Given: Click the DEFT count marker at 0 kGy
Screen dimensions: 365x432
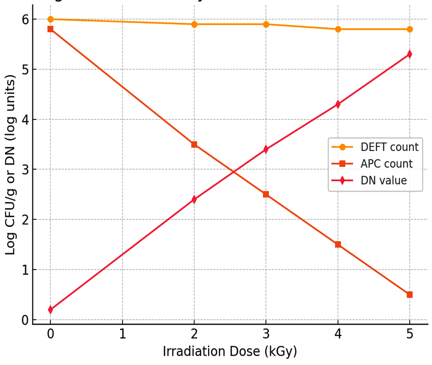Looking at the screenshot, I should [x=50, y=19].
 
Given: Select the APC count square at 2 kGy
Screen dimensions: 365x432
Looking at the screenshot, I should [x=194, y=144].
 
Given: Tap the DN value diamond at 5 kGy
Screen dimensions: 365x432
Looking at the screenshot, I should [x=410, y=54].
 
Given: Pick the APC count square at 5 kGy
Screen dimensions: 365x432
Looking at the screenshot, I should [x=410, y=295].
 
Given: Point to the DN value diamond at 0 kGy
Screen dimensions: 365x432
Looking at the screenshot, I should [x=50, y=310].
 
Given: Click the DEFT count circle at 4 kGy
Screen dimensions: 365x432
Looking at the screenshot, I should [x=338, y=29].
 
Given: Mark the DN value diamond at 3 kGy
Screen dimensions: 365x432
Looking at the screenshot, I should [x=266, y=149].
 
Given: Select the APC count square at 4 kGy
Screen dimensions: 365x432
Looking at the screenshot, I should [x=338, y=245].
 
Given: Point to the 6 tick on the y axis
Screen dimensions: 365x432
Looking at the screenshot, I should [x=25, y=19].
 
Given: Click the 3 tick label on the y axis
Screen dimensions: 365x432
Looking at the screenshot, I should [x=25, y=169].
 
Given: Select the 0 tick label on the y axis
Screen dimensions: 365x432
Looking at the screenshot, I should [x=25, y=320].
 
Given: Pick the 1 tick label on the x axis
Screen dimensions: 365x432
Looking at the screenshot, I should [x=122, y=335].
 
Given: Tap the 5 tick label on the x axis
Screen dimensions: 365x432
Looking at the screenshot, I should [x=410, y=335].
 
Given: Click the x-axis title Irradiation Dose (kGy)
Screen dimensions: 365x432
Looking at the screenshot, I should [x=230, y=352].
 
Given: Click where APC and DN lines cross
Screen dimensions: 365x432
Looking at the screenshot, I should [x=234, y=171].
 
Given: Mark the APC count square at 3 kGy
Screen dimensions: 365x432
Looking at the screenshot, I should [x=266, y=194].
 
